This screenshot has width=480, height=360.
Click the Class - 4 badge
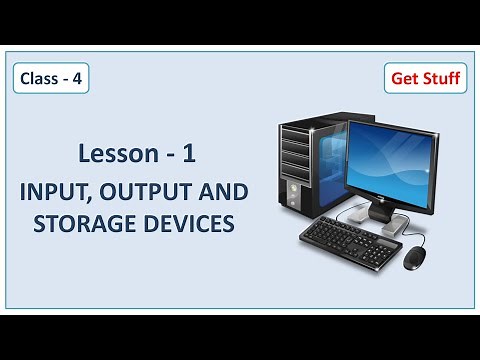pos(47,77)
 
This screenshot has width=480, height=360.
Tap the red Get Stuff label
pos(425,77)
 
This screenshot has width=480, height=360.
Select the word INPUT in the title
pos(70,191)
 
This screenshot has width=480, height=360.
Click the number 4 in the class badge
pos(72,77)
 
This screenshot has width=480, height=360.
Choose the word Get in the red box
pos(402,77)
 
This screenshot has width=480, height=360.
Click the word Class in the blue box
pos(38,77)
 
